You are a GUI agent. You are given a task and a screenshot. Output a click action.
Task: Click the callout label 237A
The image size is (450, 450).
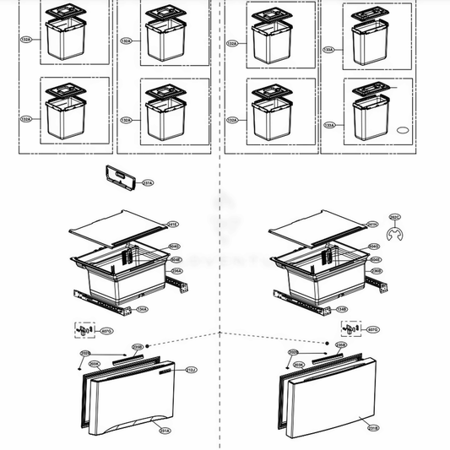click(147, 182)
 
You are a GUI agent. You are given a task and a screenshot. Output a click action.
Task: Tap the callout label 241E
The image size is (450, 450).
click(174, 224)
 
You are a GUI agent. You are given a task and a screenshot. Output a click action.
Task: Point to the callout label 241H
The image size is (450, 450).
click(372, 224)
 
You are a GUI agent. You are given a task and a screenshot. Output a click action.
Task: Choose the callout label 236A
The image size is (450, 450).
click(176, 271)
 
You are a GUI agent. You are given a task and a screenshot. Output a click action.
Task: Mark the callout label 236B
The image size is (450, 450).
click(377, 271)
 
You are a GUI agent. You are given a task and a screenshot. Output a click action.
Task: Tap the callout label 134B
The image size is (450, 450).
click(341, 310)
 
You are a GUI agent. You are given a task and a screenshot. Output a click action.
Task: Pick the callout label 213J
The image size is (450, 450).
click(191, 370)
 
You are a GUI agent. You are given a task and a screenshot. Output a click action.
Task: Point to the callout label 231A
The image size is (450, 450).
click(165, 431)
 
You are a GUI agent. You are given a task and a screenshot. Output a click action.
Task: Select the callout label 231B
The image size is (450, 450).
click(371, 428)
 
